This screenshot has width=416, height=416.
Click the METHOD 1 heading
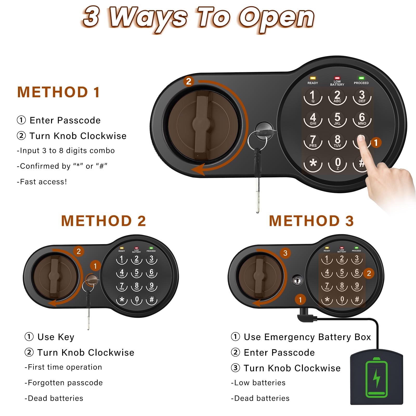[x=58, y=92]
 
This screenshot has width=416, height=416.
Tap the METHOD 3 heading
[x=311, y=221]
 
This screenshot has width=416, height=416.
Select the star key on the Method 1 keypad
[x=313, y=164]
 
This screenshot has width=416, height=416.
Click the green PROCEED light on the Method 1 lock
[x=361, y=78]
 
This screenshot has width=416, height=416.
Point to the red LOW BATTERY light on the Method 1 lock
[x=337, y=78]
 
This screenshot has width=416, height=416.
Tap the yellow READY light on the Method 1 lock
[x=313, y=78]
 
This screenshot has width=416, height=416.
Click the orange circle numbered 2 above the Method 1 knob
[x=189, y=81]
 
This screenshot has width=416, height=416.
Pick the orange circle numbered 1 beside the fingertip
[x=376, y=142]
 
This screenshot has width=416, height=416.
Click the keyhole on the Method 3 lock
[x=297, y=281]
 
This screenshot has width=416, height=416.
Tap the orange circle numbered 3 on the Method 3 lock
[x=285, y=253]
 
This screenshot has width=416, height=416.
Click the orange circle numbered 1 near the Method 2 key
[x=95, y=266]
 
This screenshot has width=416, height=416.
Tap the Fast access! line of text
[x=42, y=182]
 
